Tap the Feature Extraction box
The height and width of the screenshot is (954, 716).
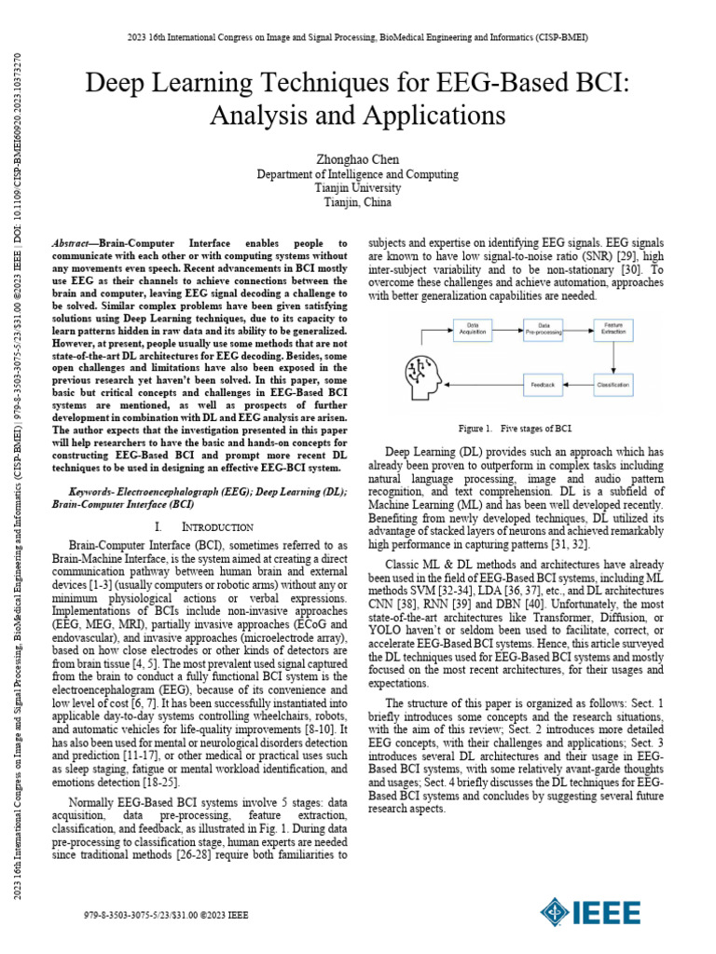613,329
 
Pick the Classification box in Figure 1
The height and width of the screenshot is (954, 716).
613,383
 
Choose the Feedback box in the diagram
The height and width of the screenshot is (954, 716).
544,383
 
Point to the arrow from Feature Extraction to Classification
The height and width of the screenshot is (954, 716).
613,356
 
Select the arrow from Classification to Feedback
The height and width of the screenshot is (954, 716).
578,383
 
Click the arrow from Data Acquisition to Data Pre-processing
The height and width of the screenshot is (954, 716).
505,329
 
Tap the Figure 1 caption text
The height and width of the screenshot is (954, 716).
514,429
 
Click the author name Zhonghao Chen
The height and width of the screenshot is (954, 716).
358,159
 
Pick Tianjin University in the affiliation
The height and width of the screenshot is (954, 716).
358,187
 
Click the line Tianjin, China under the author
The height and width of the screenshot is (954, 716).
358,201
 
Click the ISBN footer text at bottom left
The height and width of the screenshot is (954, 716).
166,916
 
